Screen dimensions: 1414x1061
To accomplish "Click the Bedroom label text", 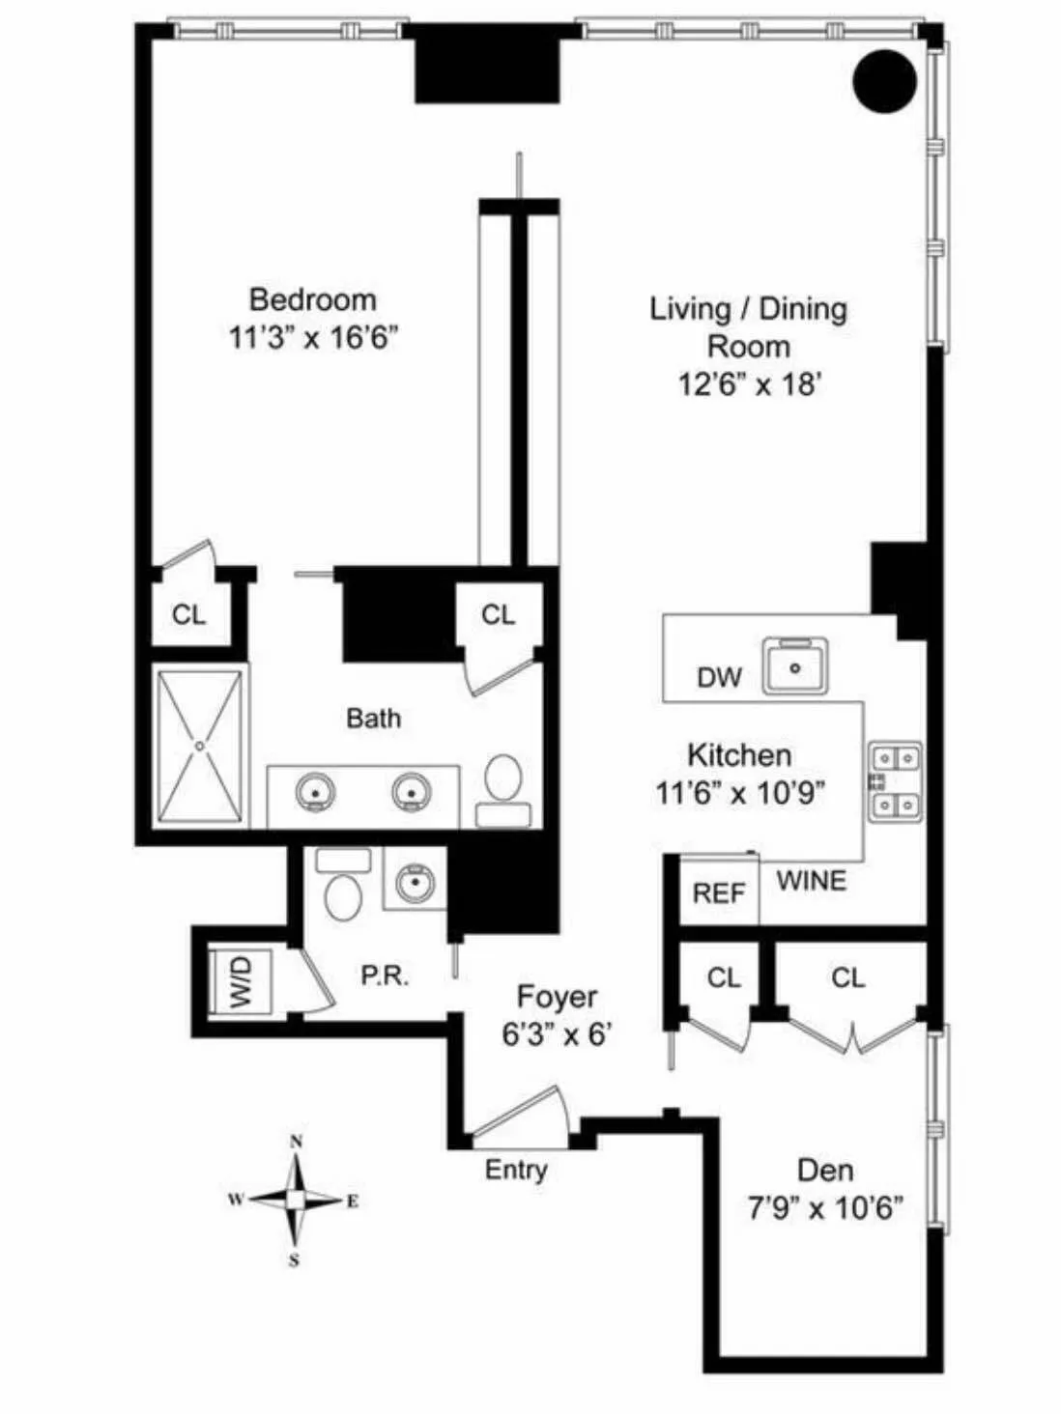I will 312,299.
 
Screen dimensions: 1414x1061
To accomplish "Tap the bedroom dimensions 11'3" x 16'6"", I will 313,338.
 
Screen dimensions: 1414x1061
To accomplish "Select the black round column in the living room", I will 884,81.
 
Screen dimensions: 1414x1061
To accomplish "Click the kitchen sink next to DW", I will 795,665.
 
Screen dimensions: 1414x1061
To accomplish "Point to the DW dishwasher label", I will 719,677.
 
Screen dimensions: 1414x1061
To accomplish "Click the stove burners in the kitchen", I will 895,780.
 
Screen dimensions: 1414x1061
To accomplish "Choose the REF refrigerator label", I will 719,893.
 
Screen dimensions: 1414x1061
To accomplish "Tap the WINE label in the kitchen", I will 811,881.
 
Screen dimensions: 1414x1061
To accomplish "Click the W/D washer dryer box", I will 241,981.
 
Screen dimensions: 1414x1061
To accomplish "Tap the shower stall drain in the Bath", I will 200,746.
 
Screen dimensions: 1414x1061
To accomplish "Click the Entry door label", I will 516,1170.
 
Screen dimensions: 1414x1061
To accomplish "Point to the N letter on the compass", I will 296,1142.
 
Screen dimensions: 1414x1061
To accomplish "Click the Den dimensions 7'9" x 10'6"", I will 825,1208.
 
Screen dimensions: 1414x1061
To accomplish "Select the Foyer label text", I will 557,997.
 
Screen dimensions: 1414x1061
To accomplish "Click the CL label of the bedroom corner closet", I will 188,614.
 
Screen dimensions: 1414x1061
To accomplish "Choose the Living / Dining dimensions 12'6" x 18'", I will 749,384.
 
